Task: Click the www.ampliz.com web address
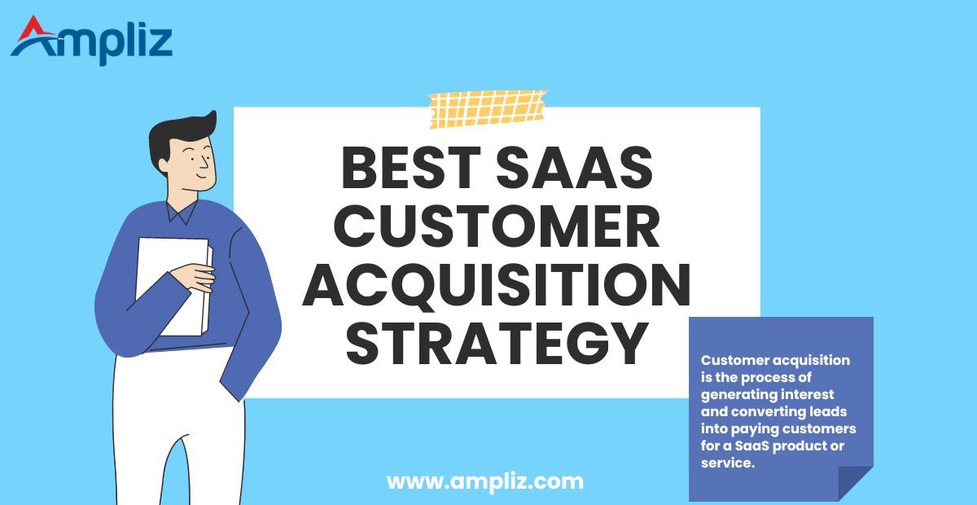485,481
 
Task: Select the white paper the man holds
171,285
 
